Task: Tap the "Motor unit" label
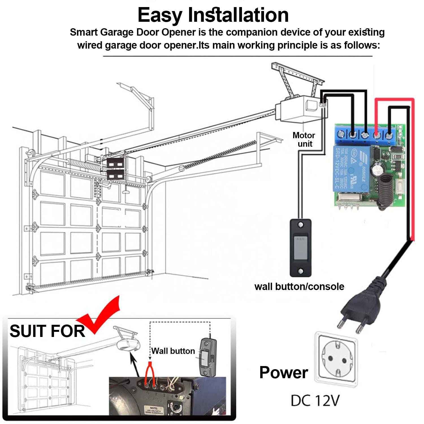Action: tap(304, 139)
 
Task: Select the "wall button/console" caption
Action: tap(299, 286)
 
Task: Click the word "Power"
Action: tap(284, 372)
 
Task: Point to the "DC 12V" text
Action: tap(315, 401)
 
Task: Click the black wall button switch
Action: tap(300, 248)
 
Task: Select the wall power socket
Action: tap(336, 359)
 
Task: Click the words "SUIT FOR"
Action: tap(47, 331)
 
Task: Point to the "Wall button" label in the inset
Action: tap(173, 351)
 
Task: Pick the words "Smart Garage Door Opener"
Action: tap(133, 32)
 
